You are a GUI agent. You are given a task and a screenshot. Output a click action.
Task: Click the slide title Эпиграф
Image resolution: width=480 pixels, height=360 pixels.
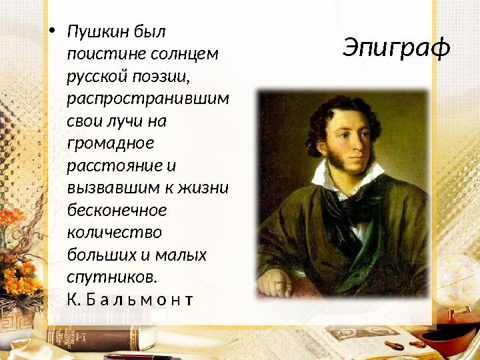coord(397,47)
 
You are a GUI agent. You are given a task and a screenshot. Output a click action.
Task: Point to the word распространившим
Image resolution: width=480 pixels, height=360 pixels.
coord(147,98)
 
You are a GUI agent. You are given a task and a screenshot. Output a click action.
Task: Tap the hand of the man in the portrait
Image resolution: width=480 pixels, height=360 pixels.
coord(275,283)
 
